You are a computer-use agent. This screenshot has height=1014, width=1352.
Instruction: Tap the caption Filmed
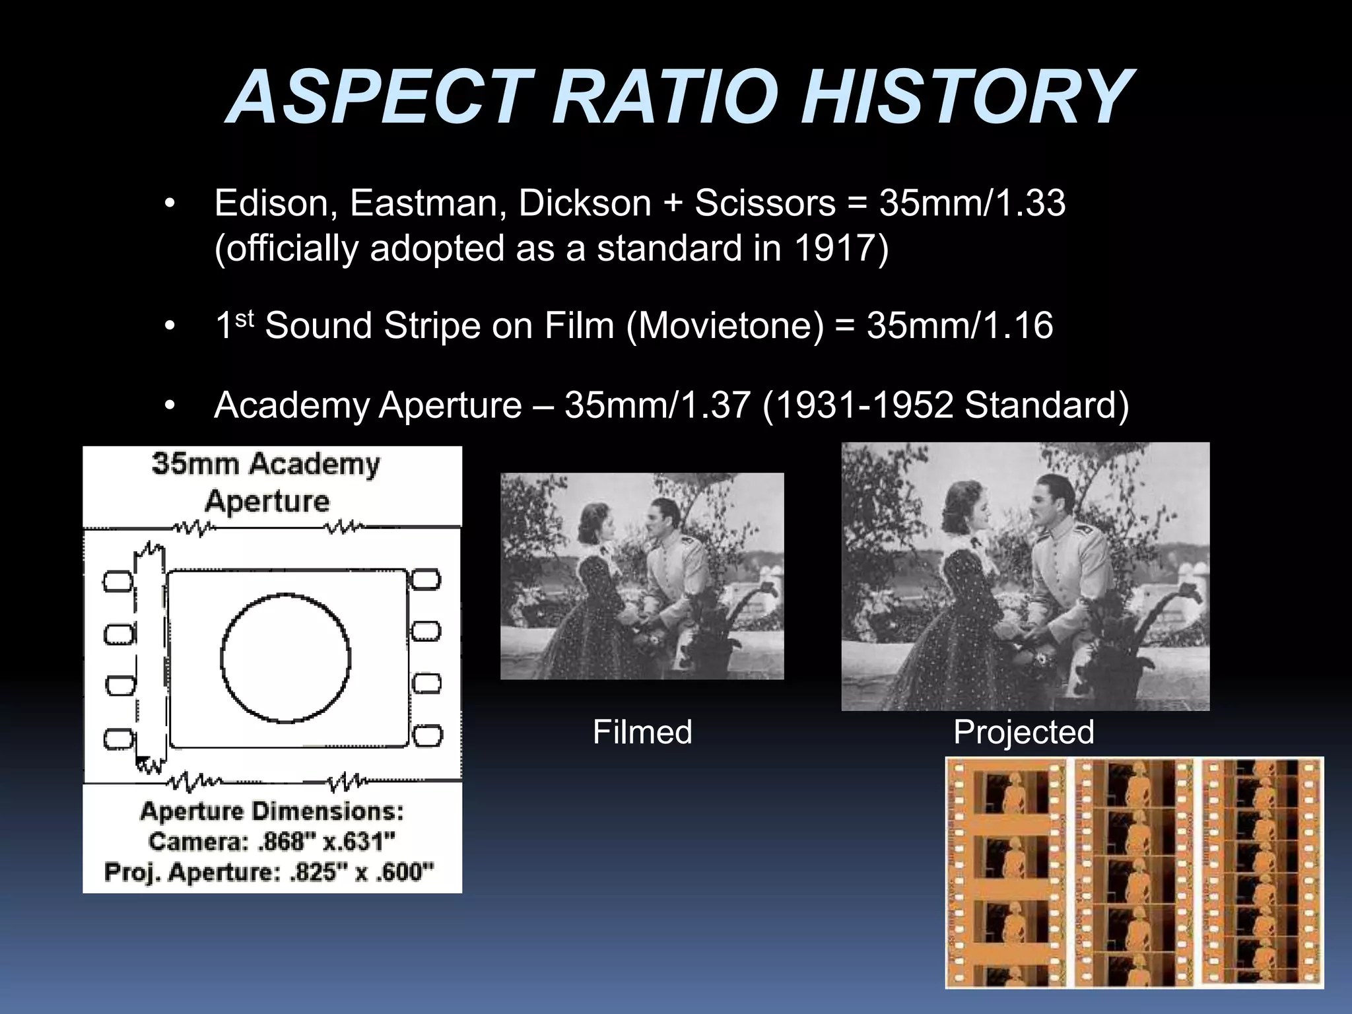coord(642,732)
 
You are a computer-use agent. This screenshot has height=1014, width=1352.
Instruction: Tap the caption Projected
coord(1023,732)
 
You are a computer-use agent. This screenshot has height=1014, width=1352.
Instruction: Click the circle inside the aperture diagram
coord(285,658)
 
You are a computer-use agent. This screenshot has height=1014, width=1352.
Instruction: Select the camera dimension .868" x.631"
coord(272,842)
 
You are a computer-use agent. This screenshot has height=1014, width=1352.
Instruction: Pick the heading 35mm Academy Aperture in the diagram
coord(266,482)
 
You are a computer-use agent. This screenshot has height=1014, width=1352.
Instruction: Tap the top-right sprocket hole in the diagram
coord(426,580)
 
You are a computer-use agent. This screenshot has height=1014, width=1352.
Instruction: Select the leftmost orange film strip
coord(1006,872)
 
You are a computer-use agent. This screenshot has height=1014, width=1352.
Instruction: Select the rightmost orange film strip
coord(1262,872)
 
